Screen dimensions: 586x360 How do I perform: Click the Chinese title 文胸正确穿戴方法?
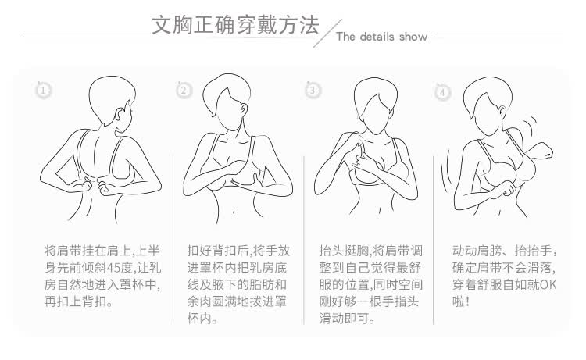235,25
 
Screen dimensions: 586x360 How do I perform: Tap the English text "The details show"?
381,37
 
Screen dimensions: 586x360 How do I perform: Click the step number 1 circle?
43,91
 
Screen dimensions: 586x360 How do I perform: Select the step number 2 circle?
184,91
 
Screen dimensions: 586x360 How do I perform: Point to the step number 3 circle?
313,91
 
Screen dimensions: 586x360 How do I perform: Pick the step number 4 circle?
442,92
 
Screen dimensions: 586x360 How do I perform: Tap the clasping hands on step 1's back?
93,187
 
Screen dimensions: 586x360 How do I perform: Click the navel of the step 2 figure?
234,214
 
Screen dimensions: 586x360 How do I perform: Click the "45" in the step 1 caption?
113,268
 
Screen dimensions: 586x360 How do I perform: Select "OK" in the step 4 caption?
548,285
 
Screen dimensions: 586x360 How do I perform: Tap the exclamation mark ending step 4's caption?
467,301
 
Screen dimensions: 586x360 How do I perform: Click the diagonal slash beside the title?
327,34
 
